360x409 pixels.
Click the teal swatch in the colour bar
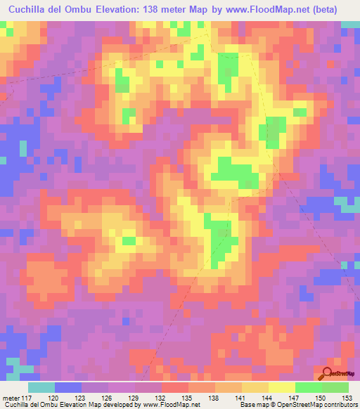(x=41, y=387)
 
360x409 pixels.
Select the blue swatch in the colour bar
(x=68, y=387)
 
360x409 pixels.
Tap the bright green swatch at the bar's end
(x=335, y=387)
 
